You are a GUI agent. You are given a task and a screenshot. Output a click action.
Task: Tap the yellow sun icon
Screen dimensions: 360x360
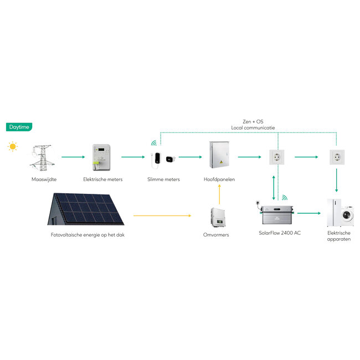coord(12,147)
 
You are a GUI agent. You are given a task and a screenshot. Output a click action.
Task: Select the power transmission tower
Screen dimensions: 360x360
coord(40,157)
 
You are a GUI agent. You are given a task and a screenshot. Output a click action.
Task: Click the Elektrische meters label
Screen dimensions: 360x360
coord(102,179)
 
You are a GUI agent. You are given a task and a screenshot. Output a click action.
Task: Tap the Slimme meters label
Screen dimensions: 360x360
coord(163,179)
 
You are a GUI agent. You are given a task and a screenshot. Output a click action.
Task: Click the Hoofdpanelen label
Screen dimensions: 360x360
coord(219,179)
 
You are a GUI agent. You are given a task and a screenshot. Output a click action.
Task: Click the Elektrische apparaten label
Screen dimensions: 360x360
coord(338,236)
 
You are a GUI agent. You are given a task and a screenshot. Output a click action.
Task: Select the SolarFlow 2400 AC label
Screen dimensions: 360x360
coord(280,233)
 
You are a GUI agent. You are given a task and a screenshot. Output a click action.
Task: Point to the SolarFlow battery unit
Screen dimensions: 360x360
coord(276,213)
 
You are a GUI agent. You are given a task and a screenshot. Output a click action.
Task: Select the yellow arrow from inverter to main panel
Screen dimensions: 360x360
coord(219,194)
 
